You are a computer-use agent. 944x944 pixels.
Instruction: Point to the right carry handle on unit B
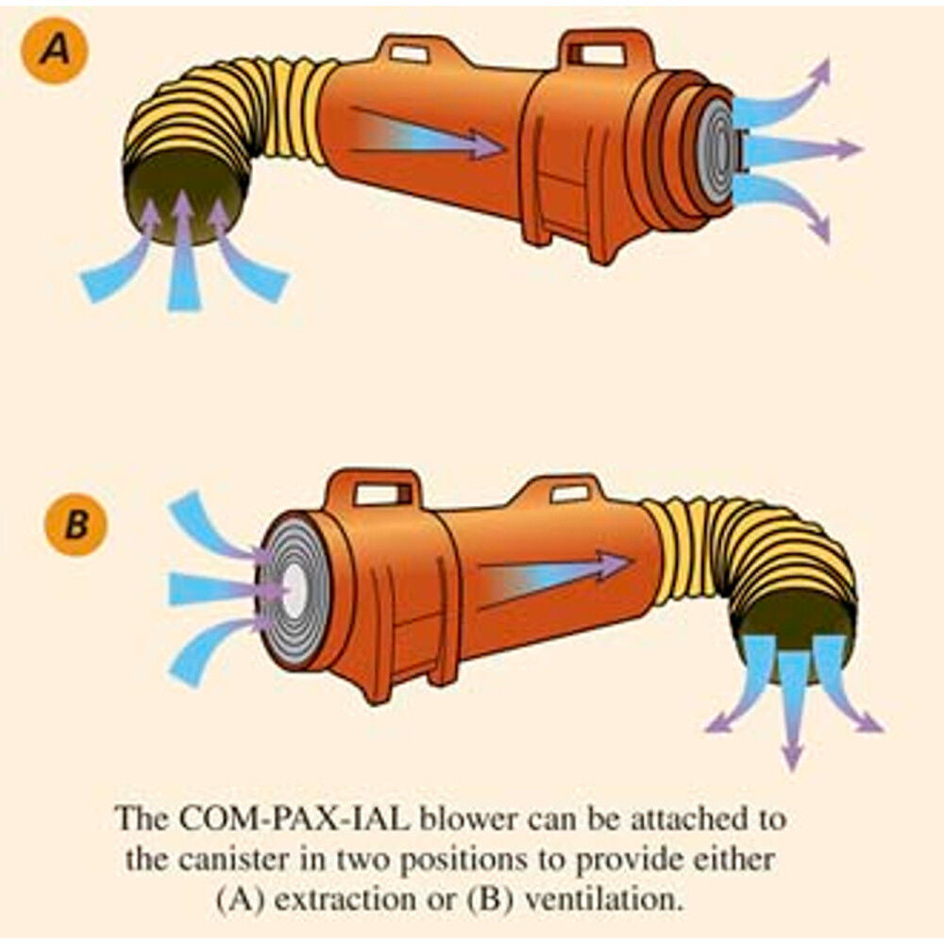[x=566, y=492]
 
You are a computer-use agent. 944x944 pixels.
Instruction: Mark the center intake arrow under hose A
[x=184, y=255]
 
